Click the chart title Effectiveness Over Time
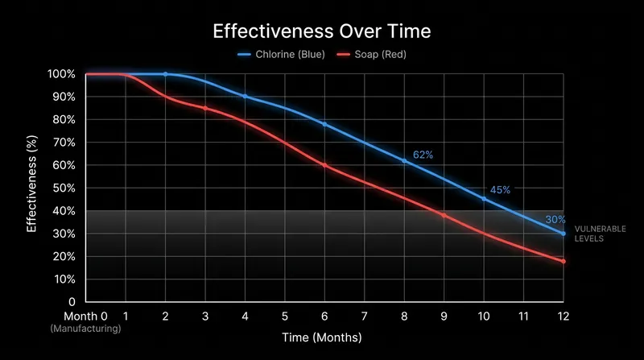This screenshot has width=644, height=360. tap(321, 31)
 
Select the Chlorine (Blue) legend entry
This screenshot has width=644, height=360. tap(281, 54)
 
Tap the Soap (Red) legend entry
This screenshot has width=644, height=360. tap(371, 54)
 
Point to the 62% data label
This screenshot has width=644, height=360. tap(423, 155)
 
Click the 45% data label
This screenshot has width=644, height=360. tap(500, 190)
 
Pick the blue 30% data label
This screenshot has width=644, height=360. tap(555, 219)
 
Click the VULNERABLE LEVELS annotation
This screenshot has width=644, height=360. tap(600, 234)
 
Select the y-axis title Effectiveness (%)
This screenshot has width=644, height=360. tap(31, 184)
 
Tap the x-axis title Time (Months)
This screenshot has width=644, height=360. tap(321, 337)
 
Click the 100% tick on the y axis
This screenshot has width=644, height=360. tap(61, 74)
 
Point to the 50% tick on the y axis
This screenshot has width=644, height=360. tap(64, 188)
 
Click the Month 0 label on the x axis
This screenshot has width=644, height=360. tap(85, 316)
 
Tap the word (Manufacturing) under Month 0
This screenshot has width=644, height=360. tap(85, 329)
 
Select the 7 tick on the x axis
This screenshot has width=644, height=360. tap(365, 316)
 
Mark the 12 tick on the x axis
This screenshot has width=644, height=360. tap(563, 316)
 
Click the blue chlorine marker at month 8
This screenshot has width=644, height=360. tap(404, 161)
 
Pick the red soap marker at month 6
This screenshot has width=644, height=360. tap(324, 165)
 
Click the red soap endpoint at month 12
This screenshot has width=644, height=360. tap(563, 262)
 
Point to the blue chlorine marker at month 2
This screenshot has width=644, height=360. tap(166, 74)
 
